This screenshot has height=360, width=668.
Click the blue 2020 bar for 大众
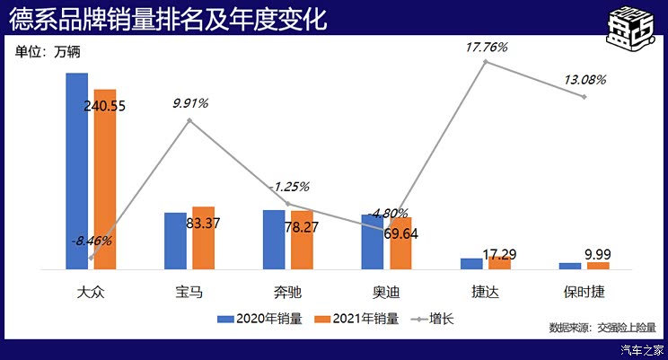coord(77,171)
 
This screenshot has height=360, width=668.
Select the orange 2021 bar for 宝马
coord(203,238)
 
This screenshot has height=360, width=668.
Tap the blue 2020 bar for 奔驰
coord(274,239)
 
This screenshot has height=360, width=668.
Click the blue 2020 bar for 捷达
coord(471,263)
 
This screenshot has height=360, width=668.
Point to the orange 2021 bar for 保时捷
coord(598,266)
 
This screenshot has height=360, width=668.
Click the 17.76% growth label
coord(485,46)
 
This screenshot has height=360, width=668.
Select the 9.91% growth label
coord(190,103)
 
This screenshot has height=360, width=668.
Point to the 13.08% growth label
coord(584,80)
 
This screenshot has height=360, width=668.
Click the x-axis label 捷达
coord(485,291)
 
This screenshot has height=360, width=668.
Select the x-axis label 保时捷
coord(584,291)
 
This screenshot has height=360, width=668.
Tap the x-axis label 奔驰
coord(287,291)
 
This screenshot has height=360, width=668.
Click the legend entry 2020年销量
coord(268,318)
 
